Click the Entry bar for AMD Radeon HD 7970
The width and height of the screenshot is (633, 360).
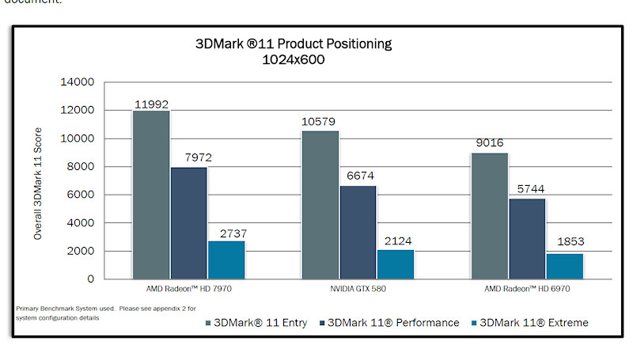(150, 195)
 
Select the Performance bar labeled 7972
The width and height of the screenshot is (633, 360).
(188, 222)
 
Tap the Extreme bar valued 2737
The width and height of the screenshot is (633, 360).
(226, 260)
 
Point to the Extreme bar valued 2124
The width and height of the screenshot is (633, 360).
(395, 264)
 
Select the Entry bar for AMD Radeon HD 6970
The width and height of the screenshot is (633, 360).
(489, 215)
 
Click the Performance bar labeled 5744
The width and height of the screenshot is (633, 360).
(527, 238)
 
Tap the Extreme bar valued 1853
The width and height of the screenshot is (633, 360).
(564, 266)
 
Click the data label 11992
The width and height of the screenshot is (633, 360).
(150, 104)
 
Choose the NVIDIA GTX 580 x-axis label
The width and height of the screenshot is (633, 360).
(358, 290)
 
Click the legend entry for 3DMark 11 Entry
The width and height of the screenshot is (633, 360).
(252, 322)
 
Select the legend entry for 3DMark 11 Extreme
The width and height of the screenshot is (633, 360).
(529, 322)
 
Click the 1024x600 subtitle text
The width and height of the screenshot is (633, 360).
(294, 59)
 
